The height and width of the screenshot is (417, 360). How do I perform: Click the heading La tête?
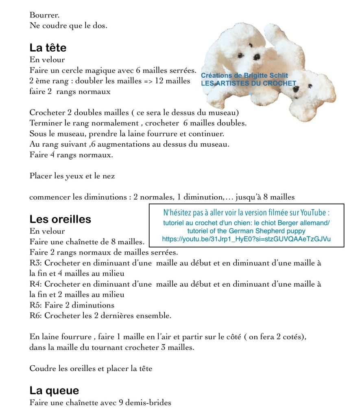(x=48, y=48)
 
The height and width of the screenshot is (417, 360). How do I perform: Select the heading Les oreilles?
(x=60, y=219)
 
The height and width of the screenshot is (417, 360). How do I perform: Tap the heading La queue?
(x=54, y=391)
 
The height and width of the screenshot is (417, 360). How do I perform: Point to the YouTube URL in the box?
(x=246, y=239)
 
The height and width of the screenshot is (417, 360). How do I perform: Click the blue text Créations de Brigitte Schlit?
(x=244, y=76)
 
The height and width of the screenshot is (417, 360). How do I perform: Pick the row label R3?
(x=36, y=263)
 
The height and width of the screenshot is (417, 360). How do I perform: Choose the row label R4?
(x=36, y=284)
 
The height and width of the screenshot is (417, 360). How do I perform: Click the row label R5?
(x=36, y=305)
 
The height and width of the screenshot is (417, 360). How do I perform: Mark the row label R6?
(x=36, y=316)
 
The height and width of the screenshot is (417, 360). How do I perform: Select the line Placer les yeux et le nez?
(x=72, y=176)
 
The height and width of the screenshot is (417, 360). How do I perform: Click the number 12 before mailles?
(x=159, y=81)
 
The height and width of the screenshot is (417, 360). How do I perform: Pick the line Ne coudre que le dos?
(x=68, y=25)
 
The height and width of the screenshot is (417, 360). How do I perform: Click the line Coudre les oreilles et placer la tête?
(x=91, y=369)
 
